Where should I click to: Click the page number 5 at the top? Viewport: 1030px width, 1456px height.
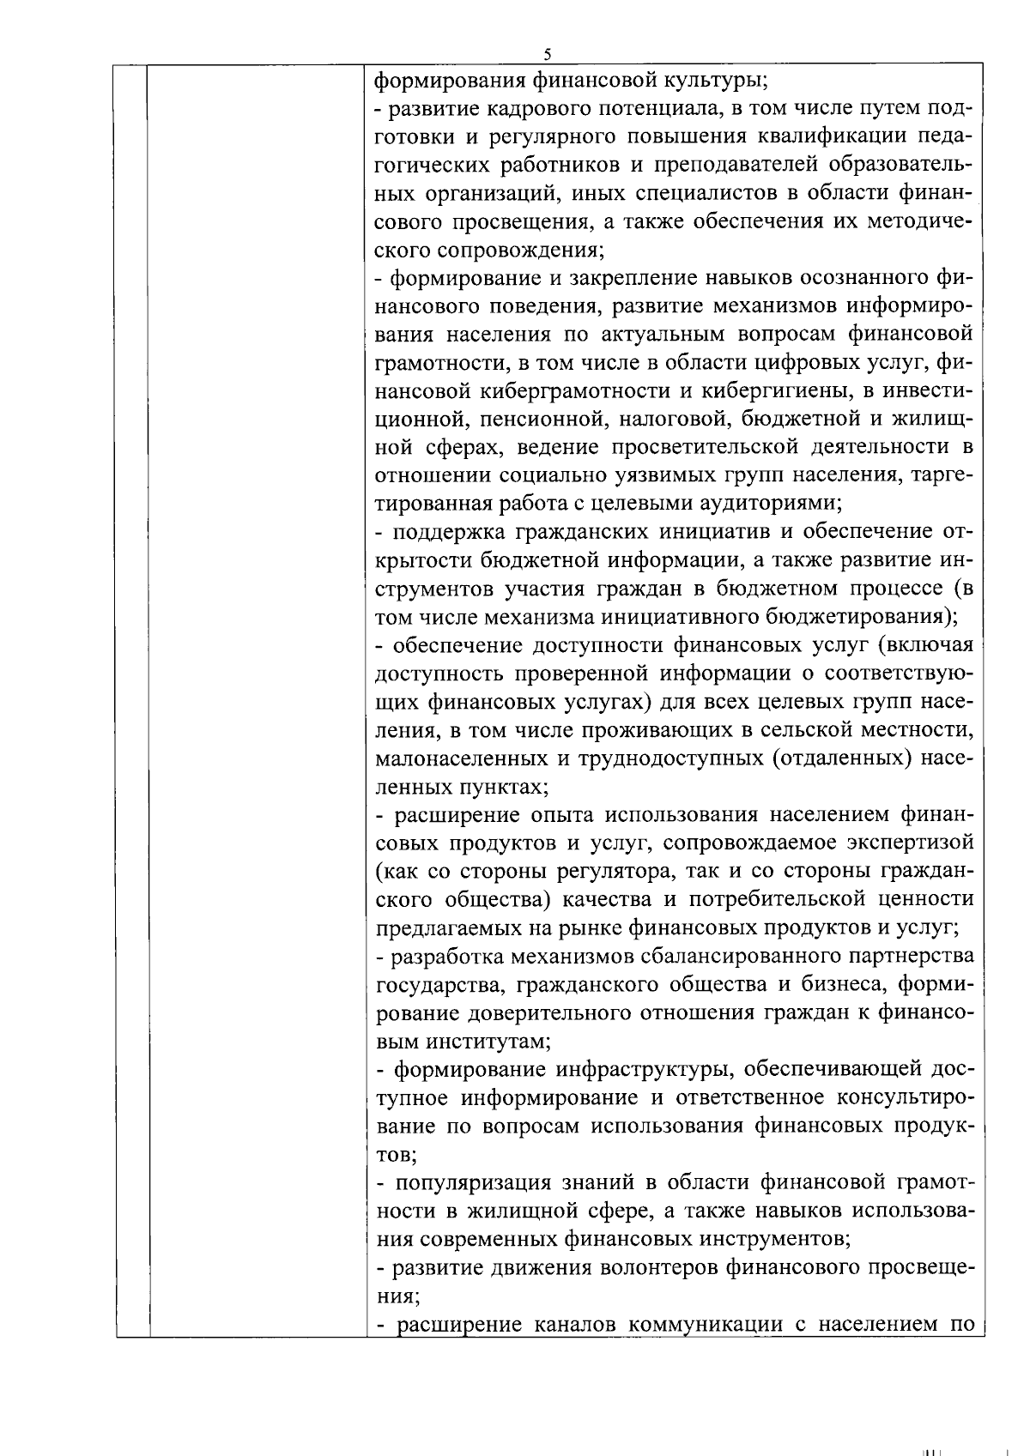coord(547,54)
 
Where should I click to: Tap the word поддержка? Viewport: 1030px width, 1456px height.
coord(448,532)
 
